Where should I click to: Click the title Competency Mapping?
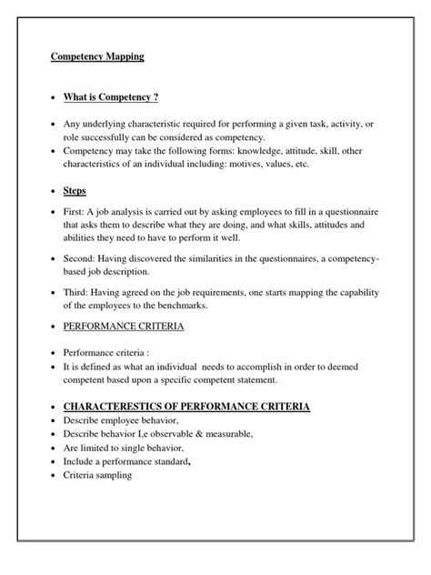coord(95,55)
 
